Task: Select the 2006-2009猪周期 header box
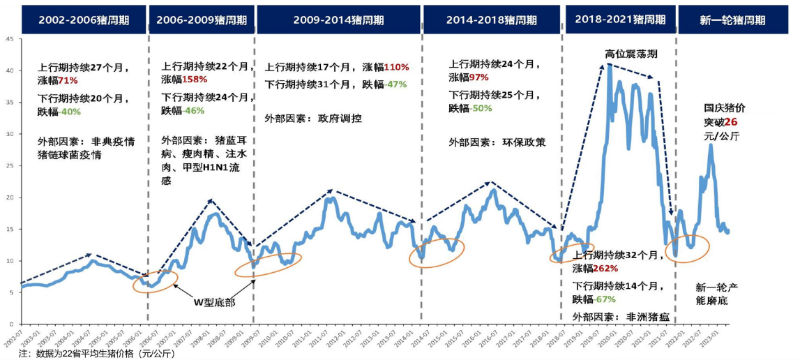tap(201, 20)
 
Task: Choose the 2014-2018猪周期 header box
tap(492, 20)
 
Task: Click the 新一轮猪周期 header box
tap(732, 20)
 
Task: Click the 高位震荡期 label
tap(631, 54)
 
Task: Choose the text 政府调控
tap(340, 118)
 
